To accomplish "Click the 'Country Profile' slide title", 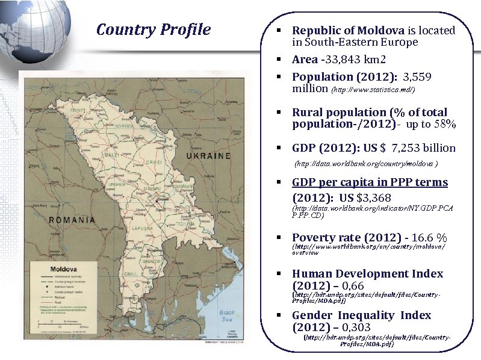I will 154,30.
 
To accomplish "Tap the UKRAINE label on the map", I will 208,156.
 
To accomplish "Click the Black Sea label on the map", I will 227,317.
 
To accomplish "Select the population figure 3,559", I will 417,77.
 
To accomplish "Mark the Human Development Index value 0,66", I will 368,286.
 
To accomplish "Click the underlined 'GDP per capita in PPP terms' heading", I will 370,182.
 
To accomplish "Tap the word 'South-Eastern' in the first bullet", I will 338,42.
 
